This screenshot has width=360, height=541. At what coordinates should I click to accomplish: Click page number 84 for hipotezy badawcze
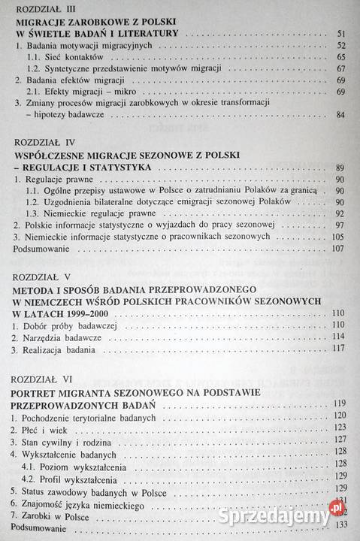click(x=339, y=114)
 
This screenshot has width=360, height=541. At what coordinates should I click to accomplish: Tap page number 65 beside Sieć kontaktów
click(x=340, y=57)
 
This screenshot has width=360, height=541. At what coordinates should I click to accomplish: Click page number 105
click(x=337, y=237)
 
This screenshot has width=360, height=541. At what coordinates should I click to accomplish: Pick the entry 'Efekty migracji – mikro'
click(x=89, y=92)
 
